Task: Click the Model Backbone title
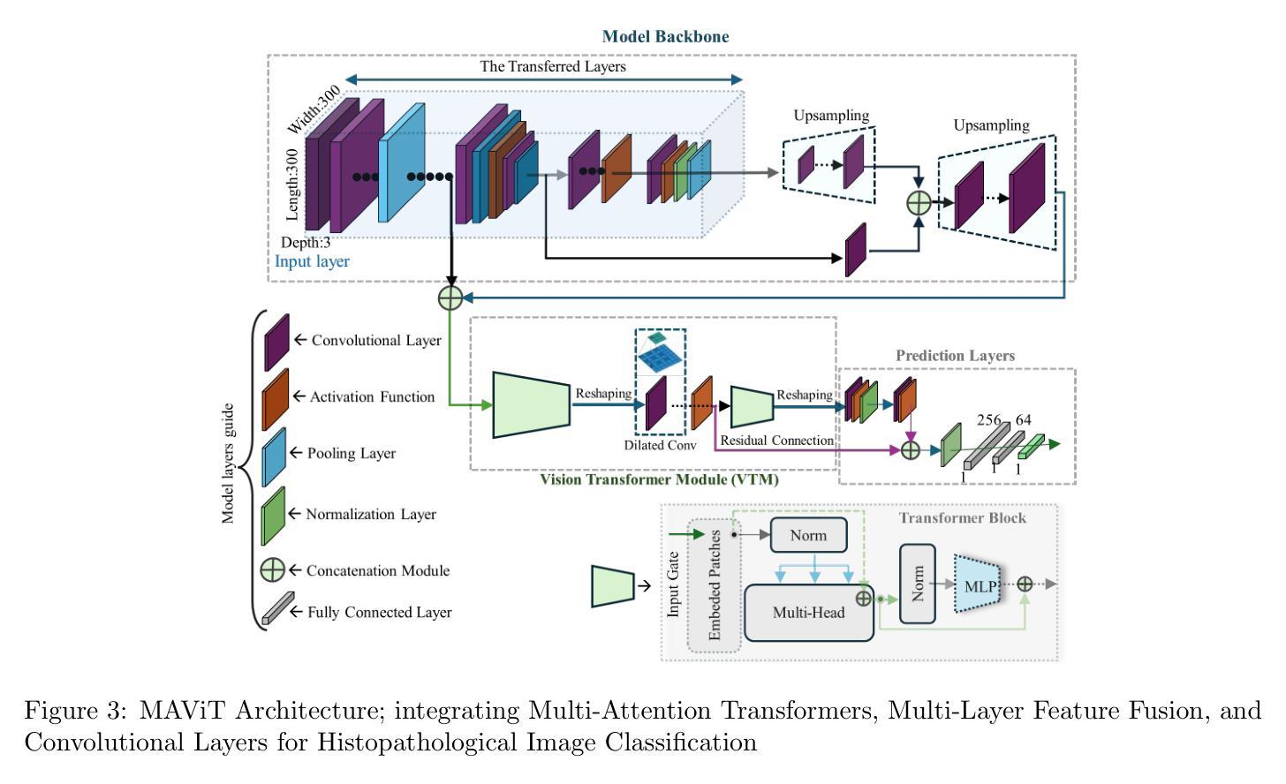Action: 665,37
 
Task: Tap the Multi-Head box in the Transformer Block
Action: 809,613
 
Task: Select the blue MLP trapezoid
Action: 977,584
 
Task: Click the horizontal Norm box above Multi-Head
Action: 808,535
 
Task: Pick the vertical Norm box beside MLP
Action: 918,584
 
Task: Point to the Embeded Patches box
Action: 715,584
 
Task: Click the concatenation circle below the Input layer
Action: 450,298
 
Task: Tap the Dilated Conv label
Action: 661,445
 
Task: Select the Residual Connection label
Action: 776,441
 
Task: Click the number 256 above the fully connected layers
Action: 988,420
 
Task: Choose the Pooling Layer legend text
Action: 352,454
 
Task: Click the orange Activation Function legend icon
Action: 275,399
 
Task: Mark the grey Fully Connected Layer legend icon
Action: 278,608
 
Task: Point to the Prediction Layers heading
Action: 956,356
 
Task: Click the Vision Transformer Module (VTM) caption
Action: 659,479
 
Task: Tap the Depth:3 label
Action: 306,243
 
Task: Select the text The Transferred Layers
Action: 553,66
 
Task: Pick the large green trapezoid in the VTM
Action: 532,405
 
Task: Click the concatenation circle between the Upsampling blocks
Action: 919,202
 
